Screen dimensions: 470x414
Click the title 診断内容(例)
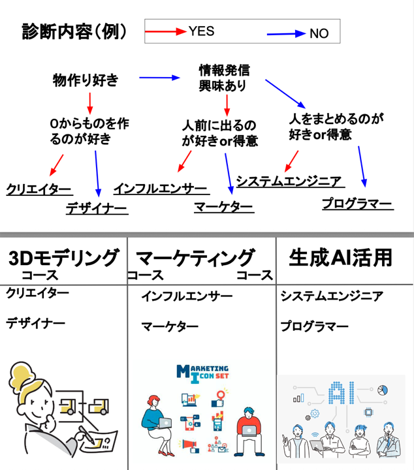coord(74,31)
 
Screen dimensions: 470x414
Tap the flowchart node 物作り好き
coord(86,81)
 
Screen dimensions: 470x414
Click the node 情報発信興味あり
coord(224,77)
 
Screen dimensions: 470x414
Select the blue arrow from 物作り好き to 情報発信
coord(159,78)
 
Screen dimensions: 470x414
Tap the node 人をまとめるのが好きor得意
coord(335,127)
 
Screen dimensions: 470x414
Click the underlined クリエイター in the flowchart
coord(39,189)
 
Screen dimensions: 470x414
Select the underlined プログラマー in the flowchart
coord(357,204)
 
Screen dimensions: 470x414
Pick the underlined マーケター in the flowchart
coord(223,207)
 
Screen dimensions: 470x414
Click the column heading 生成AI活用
coord(340,257)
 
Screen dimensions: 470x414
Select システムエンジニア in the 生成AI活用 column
coord(332,296)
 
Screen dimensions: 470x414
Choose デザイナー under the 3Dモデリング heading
coord(36,323)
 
